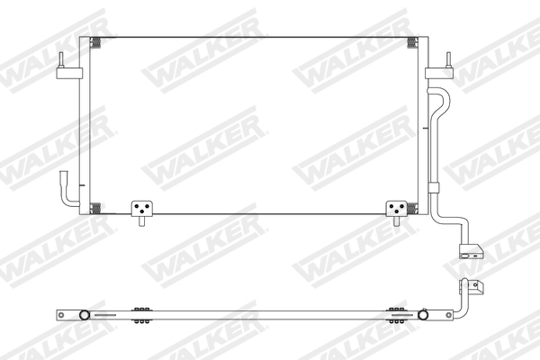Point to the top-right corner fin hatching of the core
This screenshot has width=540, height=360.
412,42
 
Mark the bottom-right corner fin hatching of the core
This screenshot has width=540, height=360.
412,208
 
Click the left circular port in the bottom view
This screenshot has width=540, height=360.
83,315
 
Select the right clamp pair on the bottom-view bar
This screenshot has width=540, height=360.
395,312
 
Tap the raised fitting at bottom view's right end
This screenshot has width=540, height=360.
472,288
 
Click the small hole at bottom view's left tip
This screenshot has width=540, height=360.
61,314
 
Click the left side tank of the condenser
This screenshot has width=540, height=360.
83,126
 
